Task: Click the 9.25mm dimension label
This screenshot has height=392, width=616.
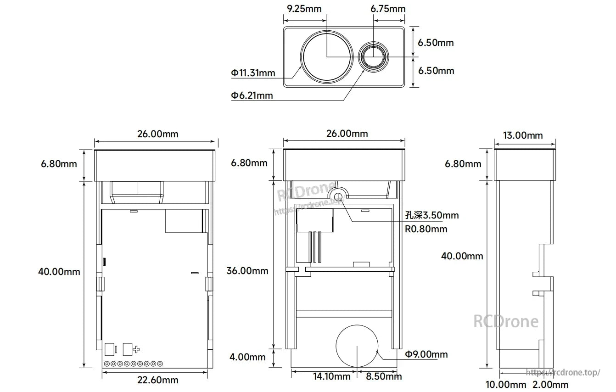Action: pos(304,9)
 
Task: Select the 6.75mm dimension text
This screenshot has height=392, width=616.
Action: pos(388,9)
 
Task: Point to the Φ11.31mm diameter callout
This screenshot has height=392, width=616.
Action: pos(253,73)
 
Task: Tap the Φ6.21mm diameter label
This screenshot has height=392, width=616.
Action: pos(252,95)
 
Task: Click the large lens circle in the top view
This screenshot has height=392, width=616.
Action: pos(327,56)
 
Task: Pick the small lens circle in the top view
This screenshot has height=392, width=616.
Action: pos(374,56)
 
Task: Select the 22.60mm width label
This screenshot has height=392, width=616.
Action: pos(157,380)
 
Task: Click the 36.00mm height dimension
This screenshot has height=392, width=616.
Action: pos(247,271)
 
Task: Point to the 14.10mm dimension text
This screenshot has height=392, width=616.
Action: pos(331,377)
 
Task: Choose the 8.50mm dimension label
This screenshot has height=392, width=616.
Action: pos(384,377)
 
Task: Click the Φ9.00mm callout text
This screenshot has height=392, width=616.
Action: pos(426,354)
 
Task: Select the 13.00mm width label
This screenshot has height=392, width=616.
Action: pos(524,135)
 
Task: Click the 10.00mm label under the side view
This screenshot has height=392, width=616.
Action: pos(506,385)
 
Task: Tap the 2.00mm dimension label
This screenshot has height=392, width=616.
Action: pos(550,385)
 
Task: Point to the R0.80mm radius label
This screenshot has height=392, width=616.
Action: pos(426,229)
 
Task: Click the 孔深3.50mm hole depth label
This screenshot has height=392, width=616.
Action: pos(431,215)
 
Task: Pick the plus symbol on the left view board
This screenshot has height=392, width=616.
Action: pos(136,350)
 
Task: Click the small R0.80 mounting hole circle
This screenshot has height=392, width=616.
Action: pos(338,196)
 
